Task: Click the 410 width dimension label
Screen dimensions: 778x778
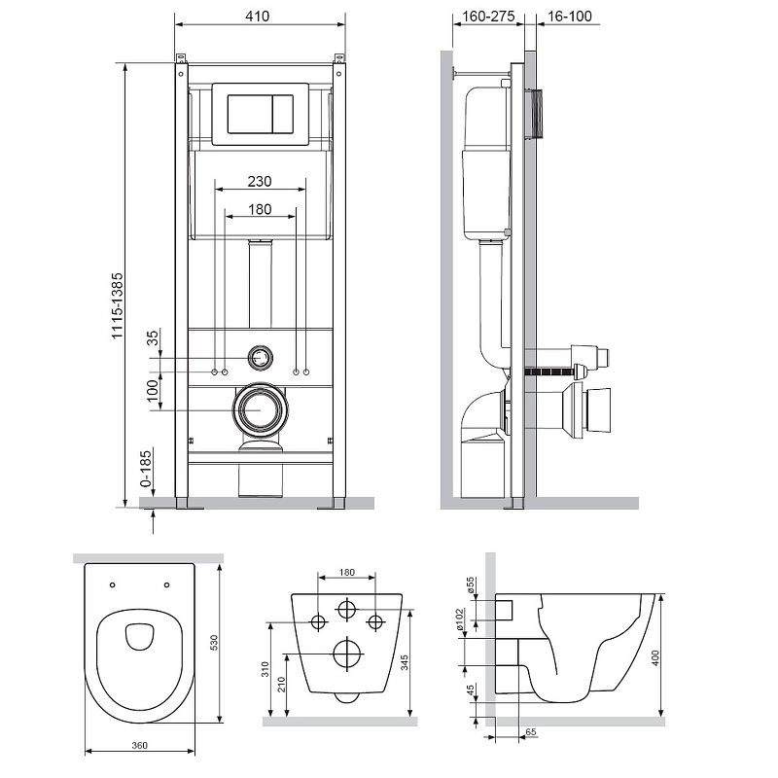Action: click(258, 17)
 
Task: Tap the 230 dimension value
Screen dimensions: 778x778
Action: click(259, 181)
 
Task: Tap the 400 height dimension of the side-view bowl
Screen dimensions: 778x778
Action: click(668, 658)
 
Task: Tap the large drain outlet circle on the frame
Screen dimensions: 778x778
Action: click(260, 410)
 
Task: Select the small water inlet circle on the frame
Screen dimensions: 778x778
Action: click(260, 357)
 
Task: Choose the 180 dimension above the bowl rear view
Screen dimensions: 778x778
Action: click(347, 573)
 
